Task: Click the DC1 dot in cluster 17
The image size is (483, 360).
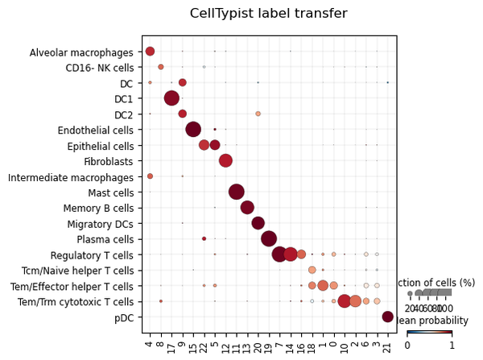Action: (x=171, y=98)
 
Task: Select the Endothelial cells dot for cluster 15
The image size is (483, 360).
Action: (x=193, y=129)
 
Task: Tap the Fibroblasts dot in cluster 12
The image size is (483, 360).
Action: (x=225, y=160)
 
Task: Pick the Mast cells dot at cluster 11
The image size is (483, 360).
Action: (x=237, y=192)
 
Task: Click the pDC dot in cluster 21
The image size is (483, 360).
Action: (x=388, y=317)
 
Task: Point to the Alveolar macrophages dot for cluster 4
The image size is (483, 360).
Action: (x=150, y=52)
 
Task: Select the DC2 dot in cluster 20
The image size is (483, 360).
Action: (x=258, y=114)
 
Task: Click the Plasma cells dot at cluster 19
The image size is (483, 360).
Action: (x=269, y=238)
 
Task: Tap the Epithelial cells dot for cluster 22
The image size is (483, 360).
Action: (x=204, y=145)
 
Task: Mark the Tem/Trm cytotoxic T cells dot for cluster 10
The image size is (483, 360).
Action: (x=345, y=301)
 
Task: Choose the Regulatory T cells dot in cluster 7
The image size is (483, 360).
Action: (x=279, y=254)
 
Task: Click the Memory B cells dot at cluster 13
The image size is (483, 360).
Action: (x=247, y=207)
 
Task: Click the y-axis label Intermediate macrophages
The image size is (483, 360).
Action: (x=71, y=176)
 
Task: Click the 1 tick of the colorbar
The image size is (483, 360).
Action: (x=452, y=346)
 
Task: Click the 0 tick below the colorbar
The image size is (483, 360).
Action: (x=407, y=346)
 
